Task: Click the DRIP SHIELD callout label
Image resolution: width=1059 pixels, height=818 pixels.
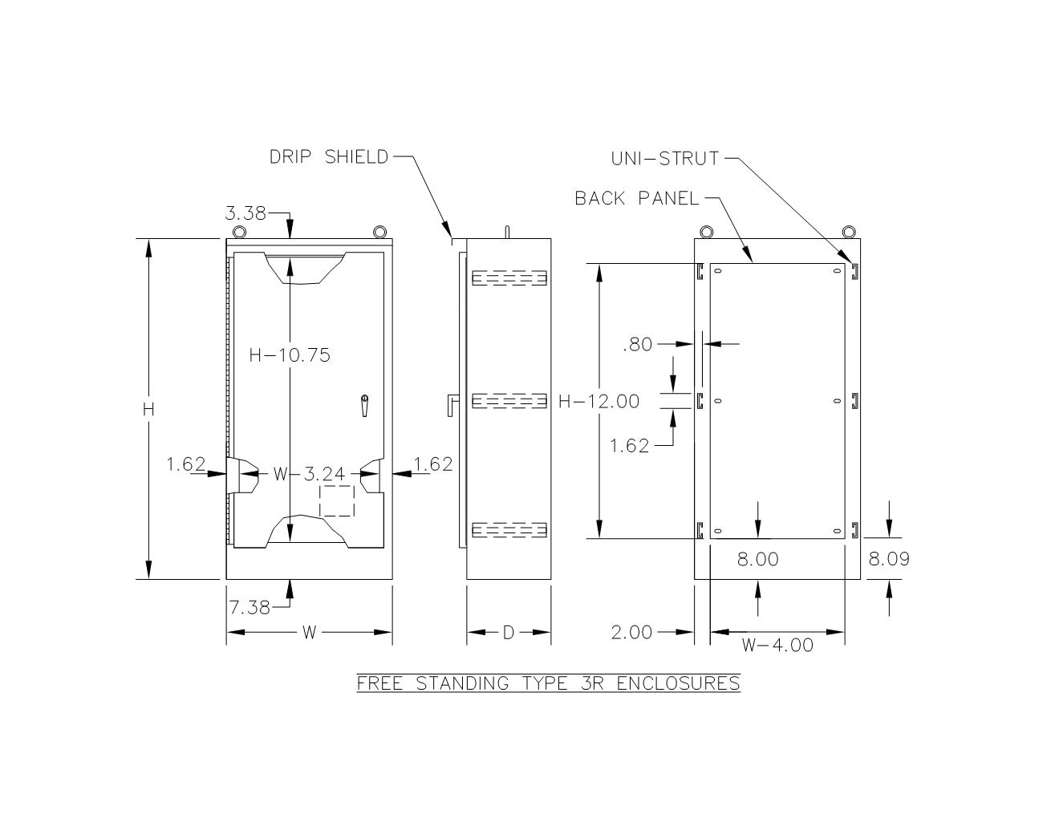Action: pos(329,157)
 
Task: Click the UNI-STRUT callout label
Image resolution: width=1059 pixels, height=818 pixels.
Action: pos(665,159)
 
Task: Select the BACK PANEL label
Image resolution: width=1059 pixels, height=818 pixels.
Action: pos(636,198)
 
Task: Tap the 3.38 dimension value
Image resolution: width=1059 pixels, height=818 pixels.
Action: pos(245,213)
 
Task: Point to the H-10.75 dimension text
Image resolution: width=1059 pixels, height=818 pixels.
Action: pos(290,355)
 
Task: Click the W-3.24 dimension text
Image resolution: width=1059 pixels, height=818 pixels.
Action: pos(309,473)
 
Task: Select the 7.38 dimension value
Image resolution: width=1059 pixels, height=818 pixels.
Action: pos(250,608)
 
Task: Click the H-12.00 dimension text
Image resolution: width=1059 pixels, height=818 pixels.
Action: pos(599,402)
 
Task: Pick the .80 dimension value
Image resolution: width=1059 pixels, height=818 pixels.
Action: pos(638,345)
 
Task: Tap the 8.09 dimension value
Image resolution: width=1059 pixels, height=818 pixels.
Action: pos(889,559)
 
